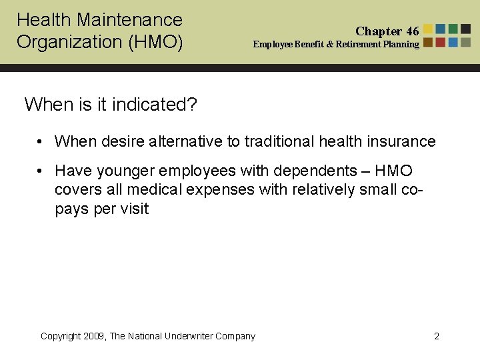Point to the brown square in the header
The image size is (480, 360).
click(429, 42)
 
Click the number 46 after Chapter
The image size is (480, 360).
click(412, 31)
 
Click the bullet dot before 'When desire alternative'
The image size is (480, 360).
click(41, 141)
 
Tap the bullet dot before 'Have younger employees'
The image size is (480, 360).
click(41, 171)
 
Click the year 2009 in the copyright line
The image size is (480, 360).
click(95, 336)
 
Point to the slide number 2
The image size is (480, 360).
click(437, 336)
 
